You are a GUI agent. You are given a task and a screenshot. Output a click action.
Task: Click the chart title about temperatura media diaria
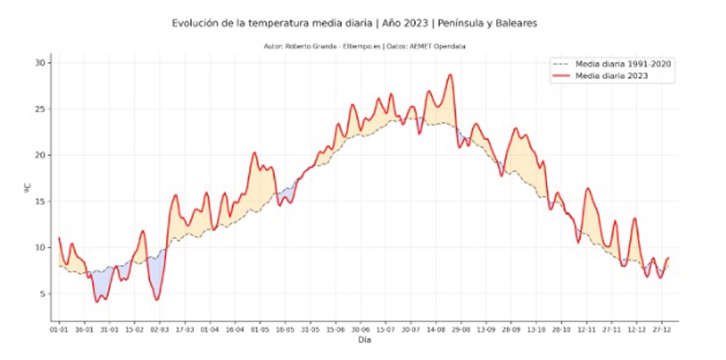click(x=355, y=24)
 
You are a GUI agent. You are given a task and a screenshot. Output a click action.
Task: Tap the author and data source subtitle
click(x=364, y=46)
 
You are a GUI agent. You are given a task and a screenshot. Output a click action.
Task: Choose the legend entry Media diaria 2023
click(x=612, y=76)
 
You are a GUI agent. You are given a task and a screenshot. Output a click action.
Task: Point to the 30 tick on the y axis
click(x=42, y=63)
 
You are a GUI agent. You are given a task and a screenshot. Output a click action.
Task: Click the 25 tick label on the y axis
click(x=42, y=110)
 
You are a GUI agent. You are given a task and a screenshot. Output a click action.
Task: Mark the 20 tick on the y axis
click(x=42, y=155)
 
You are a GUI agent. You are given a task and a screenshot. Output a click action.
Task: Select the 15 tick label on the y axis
click(x=42, y=201)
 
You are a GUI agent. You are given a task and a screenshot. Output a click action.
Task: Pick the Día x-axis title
click(x=364, y=341)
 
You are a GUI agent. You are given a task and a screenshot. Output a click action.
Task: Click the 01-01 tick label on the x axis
click(x=59, y=330)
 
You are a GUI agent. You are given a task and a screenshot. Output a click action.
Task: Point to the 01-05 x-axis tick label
click(x=260, y=330)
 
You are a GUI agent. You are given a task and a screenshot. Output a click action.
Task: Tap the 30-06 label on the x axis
click(x=361, y=330)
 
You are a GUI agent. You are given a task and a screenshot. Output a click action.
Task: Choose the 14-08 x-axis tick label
click(x=436, y=330)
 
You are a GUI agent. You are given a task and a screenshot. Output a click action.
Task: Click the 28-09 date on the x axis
click(x=511, y=330)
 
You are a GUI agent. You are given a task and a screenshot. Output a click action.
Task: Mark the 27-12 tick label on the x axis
click(x=661, y=330)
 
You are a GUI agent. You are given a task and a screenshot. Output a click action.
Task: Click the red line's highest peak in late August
click(x=450, y=74)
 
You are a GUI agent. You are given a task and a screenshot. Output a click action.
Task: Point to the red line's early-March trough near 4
click(x=157, y=299)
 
